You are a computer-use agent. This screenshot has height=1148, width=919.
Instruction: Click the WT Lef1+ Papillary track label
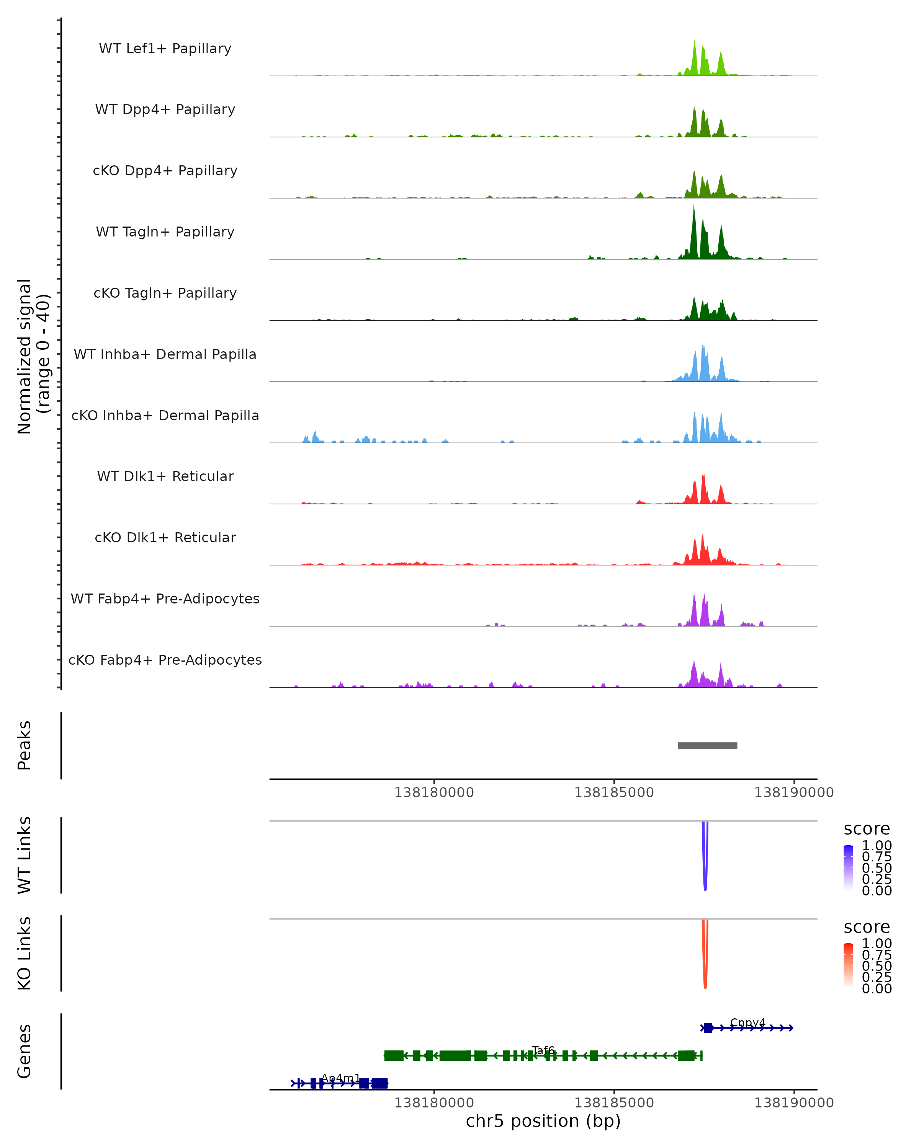click(165, 49)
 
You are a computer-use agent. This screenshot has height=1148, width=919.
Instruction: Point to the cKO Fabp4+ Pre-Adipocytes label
click(165, 660)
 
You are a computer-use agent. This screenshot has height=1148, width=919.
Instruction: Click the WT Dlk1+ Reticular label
click(165, 476)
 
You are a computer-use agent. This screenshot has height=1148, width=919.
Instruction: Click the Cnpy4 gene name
click(747, 1022)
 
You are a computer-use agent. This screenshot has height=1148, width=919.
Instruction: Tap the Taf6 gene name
click(543, 1050)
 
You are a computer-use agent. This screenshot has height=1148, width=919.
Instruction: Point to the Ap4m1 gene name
click(341, 1078)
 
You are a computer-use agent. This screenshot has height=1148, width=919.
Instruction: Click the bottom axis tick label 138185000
click(614, 1103)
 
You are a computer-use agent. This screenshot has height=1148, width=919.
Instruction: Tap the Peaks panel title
click(25, 745)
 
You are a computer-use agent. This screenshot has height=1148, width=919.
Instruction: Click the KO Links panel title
click(25, 953)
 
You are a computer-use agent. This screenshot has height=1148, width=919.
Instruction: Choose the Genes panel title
click(25, 1051)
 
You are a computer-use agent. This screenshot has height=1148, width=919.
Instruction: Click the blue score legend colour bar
click(848, 868)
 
